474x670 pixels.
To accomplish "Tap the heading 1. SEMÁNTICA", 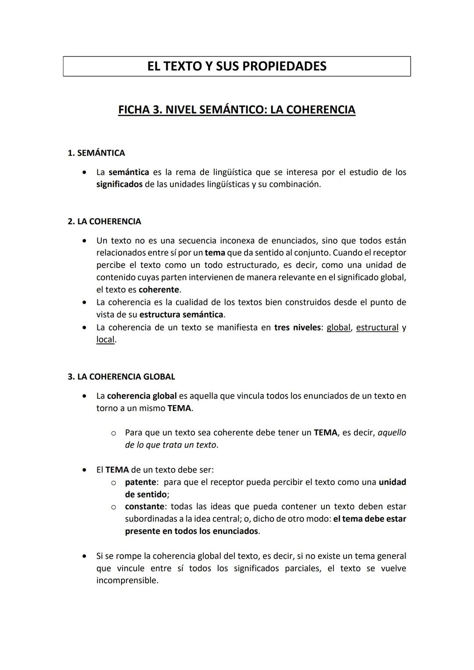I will [96, 153].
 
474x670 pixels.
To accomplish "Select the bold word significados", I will [119, 184].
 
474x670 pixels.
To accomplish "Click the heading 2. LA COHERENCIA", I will [104, 222].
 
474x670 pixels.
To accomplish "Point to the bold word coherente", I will [158, 290].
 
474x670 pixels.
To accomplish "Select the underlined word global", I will [338, 328].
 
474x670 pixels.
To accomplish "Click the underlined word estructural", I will [377, 328].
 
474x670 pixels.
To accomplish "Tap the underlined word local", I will [105, 340].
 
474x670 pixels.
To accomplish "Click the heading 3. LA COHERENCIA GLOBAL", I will [121, 377].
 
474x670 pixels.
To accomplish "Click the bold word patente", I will [140, 482].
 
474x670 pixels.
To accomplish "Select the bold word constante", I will [144, 507].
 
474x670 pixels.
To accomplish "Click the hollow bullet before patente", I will [113, 483].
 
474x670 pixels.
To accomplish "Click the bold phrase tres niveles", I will [297, 328].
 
